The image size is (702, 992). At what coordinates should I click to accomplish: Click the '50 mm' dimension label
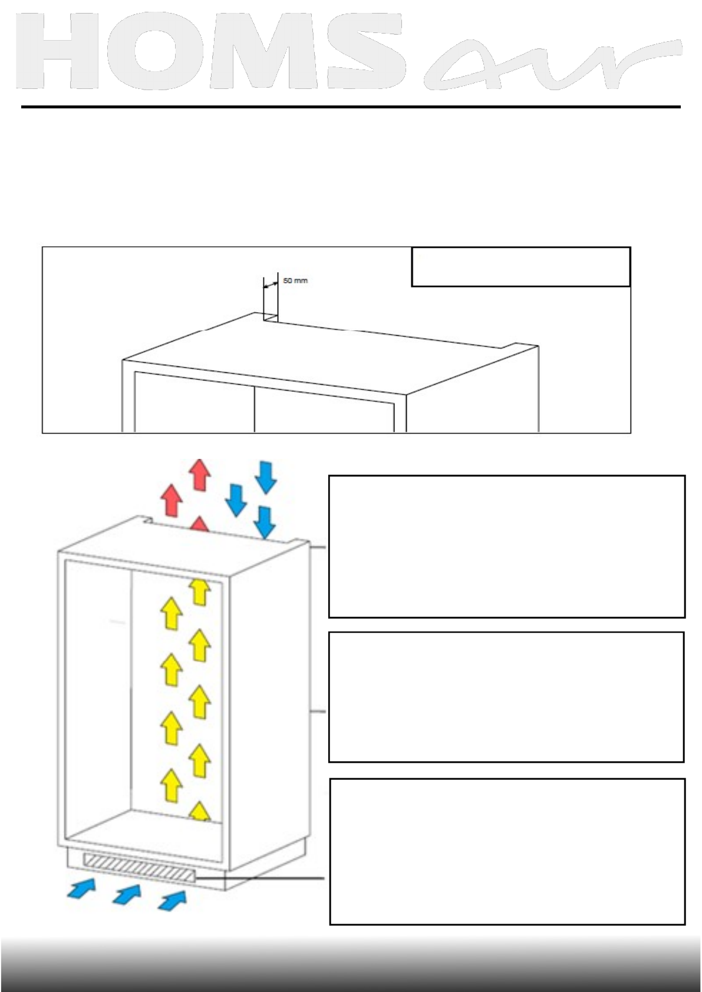295,281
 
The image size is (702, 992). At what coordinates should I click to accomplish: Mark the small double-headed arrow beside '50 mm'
271,285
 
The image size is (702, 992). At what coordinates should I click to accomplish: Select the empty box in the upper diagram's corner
520,267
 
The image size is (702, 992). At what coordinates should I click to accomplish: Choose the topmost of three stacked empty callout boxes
506,546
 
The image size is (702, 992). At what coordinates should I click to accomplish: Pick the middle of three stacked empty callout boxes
506,697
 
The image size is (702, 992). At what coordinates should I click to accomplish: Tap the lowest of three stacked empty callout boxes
507,851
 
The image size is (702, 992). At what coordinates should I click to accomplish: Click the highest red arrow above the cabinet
200,474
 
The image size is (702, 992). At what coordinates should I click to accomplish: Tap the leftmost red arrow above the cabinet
172,500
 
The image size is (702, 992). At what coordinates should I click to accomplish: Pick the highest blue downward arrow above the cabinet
265,477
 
